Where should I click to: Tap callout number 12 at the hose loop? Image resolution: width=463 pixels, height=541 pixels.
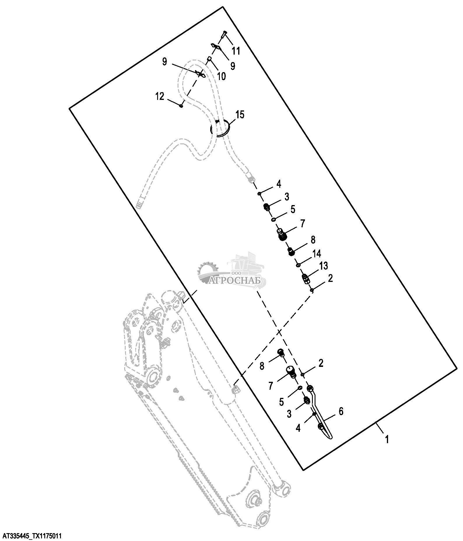[x=159, y=96]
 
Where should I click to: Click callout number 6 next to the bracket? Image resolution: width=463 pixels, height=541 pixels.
[x=341, y=411]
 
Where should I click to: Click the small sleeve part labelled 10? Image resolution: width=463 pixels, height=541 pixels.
[x=209, y=59]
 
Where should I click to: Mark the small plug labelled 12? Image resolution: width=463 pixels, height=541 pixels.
[x=181, y=106]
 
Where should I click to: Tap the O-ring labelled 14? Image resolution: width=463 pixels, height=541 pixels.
[x=298, y=265]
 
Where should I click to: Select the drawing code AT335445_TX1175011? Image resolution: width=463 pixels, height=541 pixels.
[x=31, y=536]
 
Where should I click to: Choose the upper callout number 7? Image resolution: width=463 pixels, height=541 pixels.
[x=302, y=224]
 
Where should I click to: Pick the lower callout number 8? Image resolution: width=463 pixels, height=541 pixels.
[x=262, y=366]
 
